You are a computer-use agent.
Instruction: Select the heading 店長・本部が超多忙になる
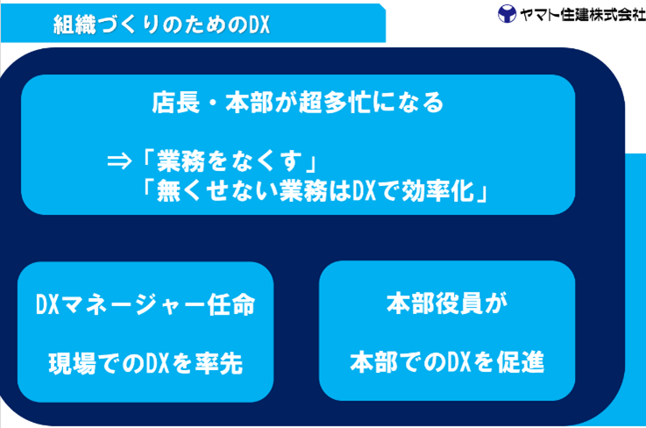tap(298, 103)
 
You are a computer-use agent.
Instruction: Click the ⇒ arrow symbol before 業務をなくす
tap(120, 162)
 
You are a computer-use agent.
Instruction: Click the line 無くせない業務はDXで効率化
tap(313, 192)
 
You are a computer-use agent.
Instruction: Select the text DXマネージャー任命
tap(146, 306)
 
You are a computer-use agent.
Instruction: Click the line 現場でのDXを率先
tap(146, 361)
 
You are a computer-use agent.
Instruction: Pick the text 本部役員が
tap(447, 305)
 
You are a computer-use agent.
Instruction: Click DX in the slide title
tap(253, 25)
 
